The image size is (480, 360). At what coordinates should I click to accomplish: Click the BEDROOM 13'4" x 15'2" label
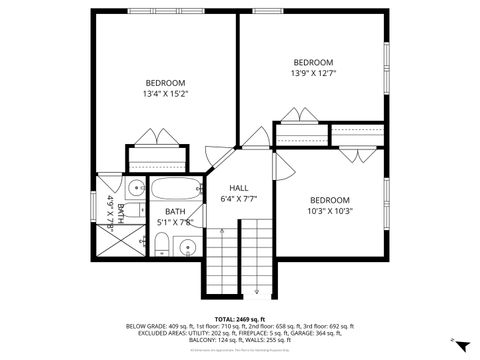point(166,88)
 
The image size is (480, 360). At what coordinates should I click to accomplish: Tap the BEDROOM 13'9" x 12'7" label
point(312,67)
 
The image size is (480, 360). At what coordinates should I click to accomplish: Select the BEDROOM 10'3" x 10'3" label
point(329,206)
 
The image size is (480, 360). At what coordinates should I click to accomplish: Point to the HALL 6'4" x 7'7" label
point(239,194)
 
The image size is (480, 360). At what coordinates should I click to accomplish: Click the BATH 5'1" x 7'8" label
point(175,217)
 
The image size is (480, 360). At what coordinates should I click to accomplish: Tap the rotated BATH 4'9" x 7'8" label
point(116,211)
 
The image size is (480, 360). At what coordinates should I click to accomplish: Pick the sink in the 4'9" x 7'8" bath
point(134,187)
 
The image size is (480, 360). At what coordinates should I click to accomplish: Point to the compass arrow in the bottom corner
point(459,343)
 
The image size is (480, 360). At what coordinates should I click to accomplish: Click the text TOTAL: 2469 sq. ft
point(239,318)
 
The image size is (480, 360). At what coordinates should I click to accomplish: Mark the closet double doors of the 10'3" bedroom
point(355,154)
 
